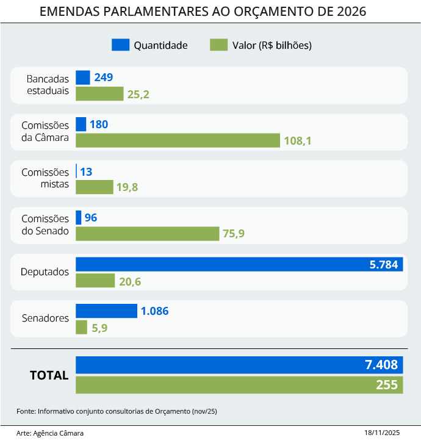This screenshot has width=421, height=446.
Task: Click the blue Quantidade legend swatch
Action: click(120, 45)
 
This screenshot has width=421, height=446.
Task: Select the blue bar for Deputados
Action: click(239, 264)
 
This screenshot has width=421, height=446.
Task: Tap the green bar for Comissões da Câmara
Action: click(178, 140)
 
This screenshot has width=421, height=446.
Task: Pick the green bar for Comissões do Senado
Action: click(147, 234)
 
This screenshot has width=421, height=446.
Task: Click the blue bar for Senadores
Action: click(106, 311)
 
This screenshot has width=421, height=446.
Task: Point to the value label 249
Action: click(104, 77)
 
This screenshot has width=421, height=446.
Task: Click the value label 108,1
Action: click(298, 141)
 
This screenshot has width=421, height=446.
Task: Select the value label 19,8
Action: click(128, 187)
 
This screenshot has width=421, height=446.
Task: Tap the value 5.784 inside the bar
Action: click(383, 265)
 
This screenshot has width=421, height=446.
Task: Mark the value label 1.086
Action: click(154, 311)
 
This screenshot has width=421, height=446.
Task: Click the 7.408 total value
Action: click(381, 365)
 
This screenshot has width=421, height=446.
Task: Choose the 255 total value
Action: click(387, 385)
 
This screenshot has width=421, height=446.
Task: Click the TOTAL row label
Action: click(49, 375)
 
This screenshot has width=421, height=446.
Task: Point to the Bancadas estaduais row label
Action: click(48, 85)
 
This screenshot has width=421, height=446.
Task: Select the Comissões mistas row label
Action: click(45, 179)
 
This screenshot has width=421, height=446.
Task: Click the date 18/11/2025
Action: click(382, 433)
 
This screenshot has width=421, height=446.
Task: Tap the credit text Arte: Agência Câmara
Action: click(50, 433)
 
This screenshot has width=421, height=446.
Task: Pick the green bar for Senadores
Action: click(81, 327)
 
